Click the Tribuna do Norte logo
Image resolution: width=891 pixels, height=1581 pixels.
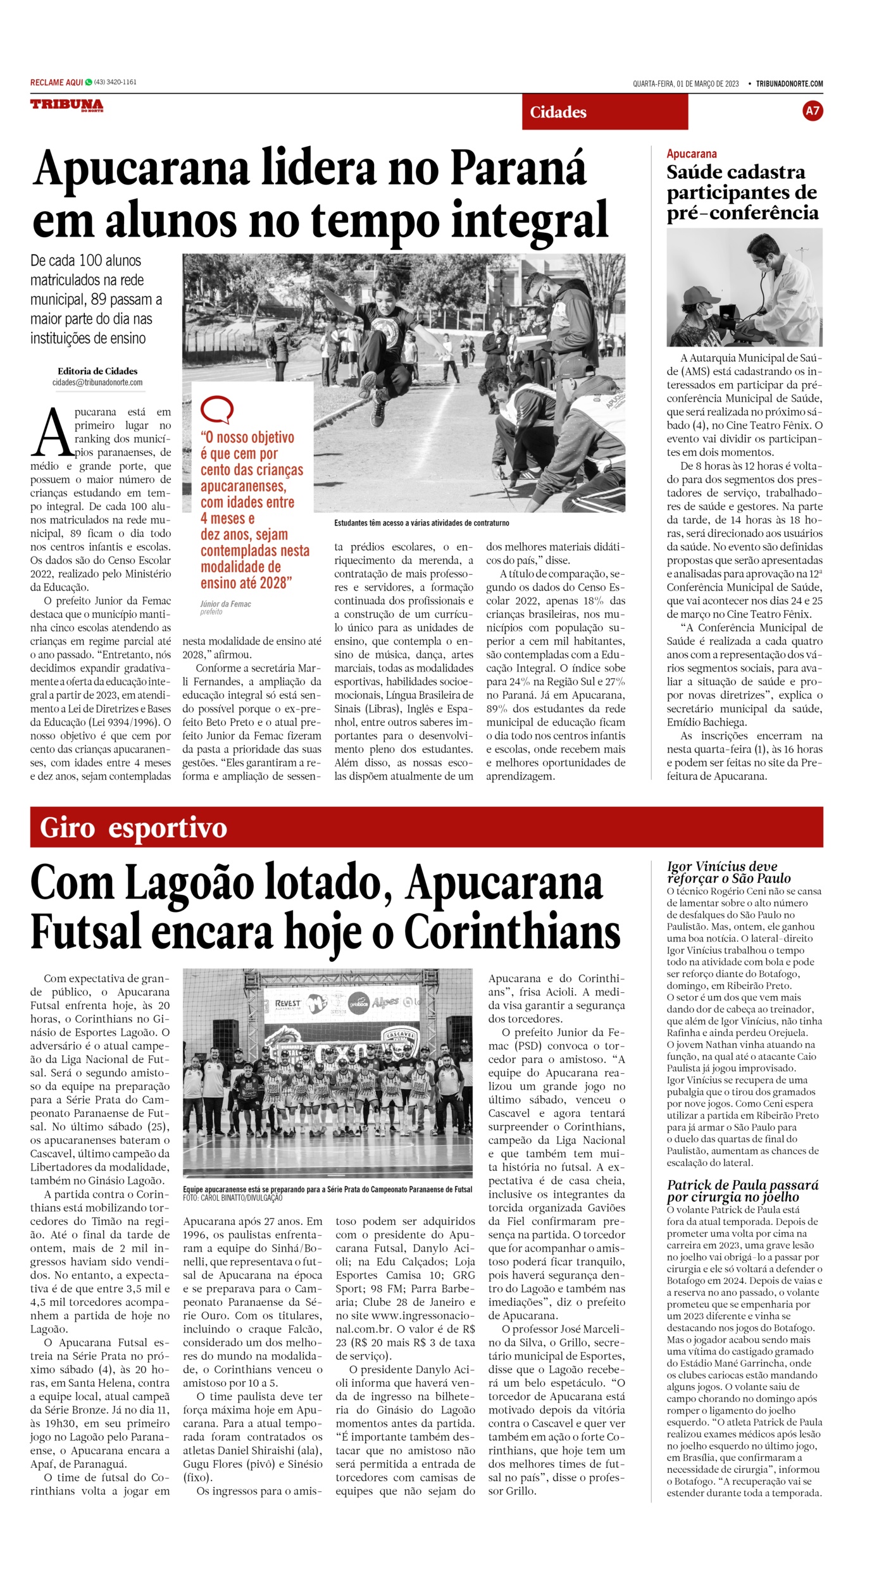coord(66,106)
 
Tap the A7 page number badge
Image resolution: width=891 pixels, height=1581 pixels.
coord(812,111)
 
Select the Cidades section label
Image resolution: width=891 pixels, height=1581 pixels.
coord(558,113)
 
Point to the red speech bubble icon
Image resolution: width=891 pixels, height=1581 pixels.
coord(216,410)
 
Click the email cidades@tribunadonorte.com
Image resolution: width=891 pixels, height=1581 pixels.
coord(97,383)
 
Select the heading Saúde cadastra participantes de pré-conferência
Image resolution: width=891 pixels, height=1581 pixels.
coord(742,192)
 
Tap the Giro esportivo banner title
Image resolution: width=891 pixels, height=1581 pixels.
coord(133,828)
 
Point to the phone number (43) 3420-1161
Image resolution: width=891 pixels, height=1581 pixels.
coord(115,82)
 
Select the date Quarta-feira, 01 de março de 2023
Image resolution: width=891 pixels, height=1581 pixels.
coord(685,83)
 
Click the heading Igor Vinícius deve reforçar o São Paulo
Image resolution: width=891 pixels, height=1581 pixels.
coord(728,872)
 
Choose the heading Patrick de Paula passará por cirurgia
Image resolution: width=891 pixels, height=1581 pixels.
coord(742,1191)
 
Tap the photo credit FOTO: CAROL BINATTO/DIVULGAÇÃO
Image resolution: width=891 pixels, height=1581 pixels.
coord(233,1198)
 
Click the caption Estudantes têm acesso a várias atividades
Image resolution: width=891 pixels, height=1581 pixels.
coord(421,523)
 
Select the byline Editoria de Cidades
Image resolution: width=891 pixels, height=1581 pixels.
coord(97,371)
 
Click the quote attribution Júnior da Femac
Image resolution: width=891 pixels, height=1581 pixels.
coord(225,604)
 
